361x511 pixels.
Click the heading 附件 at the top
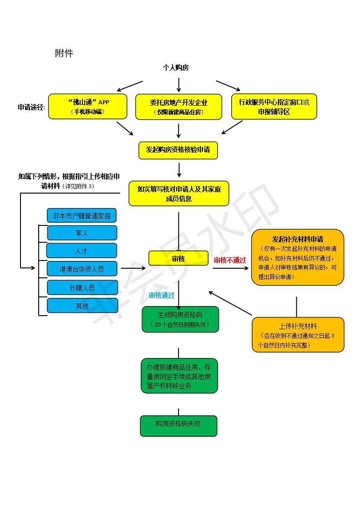tap(64, 53)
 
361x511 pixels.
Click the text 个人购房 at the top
tap(176, 67)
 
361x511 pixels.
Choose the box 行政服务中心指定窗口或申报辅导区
tap(274, 107)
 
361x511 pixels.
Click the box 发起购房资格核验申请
tap(178, 150)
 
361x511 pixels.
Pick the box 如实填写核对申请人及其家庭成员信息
tap(179, 194)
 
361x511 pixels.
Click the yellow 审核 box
tap(178, 258)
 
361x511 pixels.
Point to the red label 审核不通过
tap(230, 261)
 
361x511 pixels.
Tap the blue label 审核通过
tap(162, 295)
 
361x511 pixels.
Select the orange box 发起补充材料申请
tap(298, 257)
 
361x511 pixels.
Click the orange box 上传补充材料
tap(298, 335)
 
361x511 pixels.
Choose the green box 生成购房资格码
tap(180, 319)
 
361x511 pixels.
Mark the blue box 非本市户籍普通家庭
tap(82, 215)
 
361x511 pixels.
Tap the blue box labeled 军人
tap(82, 233)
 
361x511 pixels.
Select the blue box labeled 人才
tap(82, 250)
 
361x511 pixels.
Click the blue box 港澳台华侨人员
tap(82, 269)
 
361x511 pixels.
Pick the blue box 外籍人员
tap(82, 287)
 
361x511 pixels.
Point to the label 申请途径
tap(31, 107)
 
